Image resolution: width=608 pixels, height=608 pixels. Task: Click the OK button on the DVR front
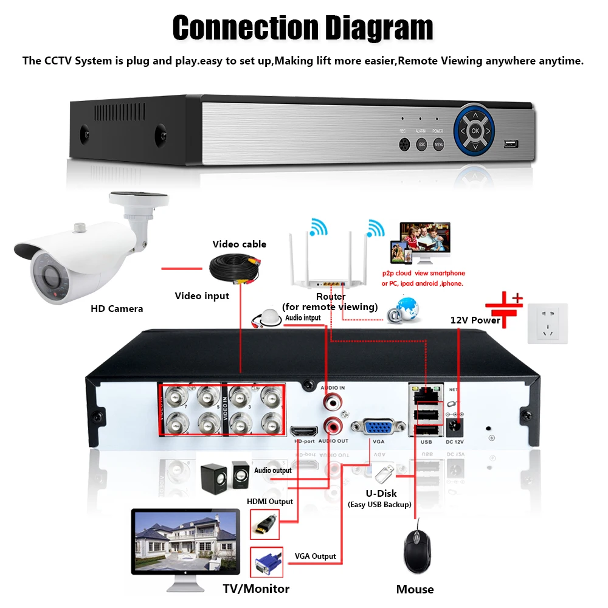tap(475, 130)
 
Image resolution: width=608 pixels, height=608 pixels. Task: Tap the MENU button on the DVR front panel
tap(440, 145)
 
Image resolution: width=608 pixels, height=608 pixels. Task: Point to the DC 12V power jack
tap(455, 426)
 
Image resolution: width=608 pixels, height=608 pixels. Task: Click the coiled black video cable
tap(235, 270)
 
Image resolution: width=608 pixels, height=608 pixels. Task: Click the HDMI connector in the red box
tap(265, 523)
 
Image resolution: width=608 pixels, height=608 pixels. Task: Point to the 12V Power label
tap(475, 320)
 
